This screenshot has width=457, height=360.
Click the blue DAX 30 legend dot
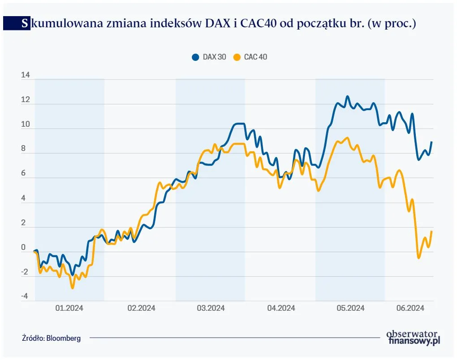[195, 57]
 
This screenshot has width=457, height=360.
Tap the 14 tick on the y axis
[25, 75]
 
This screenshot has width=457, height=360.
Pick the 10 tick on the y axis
[25, 124]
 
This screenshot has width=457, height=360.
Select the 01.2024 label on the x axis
[69, 308]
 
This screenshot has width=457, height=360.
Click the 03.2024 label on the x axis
[211, 308]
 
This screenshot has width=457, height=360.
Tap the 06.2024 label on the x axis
[410, 308]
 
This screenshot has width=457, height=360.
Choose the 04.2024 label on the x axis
[280, 308]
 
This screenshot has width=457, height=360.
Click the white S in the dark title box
[24, 24]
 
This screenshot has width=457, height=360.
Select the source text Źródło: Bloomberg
[51, 338]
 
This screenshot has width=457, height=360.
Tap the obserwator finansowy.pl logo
[413, 337]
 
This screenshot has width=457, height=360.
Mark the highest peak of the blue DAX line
[347, 96]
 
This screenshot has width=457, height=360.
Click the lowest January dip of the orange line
[72, 288]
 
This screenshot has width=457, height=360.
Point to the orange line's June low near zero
[419, 258]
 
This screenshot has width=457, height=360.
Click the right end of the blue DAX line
[431, 142]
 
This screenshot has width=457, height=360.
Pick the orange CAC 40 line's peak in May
[347, 138]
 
